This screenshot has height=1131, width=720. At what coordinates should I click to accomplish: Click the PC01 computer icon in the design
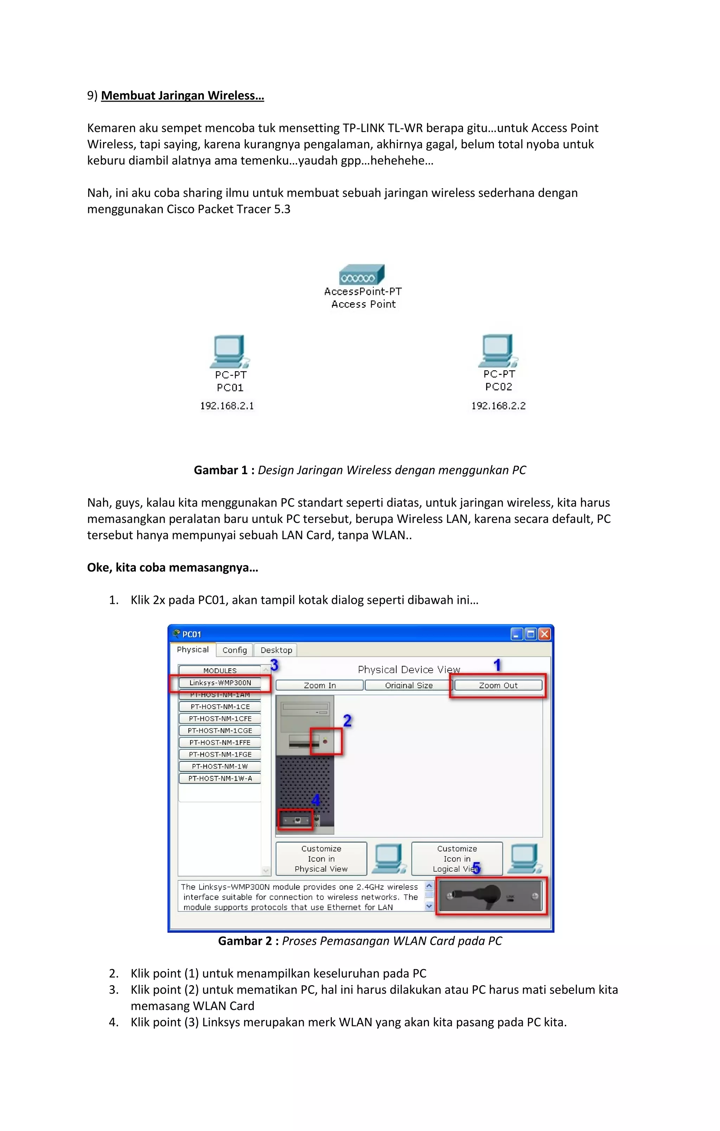tap(229, 351)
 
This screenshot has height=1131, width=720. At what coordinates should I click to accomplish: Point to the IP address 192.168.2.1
tap(227, 406)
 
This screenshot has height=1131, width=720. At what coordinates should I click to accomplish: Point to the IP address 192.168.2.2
tap(498, 406)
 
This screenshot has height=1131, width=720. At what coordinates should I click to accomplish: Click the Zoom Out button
tap(498, 685)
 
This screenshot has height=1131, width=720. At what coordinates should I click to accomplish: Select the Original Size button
tap(409, 685)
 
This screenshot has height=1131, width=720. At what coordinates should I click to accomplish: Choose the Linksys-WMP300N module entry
tap(220, 683)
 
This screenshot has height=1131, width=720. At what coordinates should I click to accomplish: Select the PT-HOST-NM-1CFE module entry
tap(220, 719)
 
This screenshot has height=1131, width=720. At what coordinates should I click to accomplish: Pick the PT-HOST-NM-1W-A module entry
tap(220, 778)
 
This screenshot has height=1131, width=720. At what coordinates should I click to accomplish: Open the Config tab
tap(234, 650)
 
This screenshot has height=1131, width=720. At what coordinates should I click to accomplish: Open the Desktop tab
tap(276, 650)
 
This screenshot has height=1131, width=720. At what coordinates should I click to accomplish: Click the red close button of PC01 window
tap(544, 634)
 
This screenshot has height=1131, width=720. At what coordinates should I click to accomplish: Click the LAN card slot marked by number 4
tap(296, 820)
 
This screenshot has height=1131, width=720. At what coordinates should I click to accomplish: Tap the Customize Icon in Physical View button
tap(321, 859)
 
